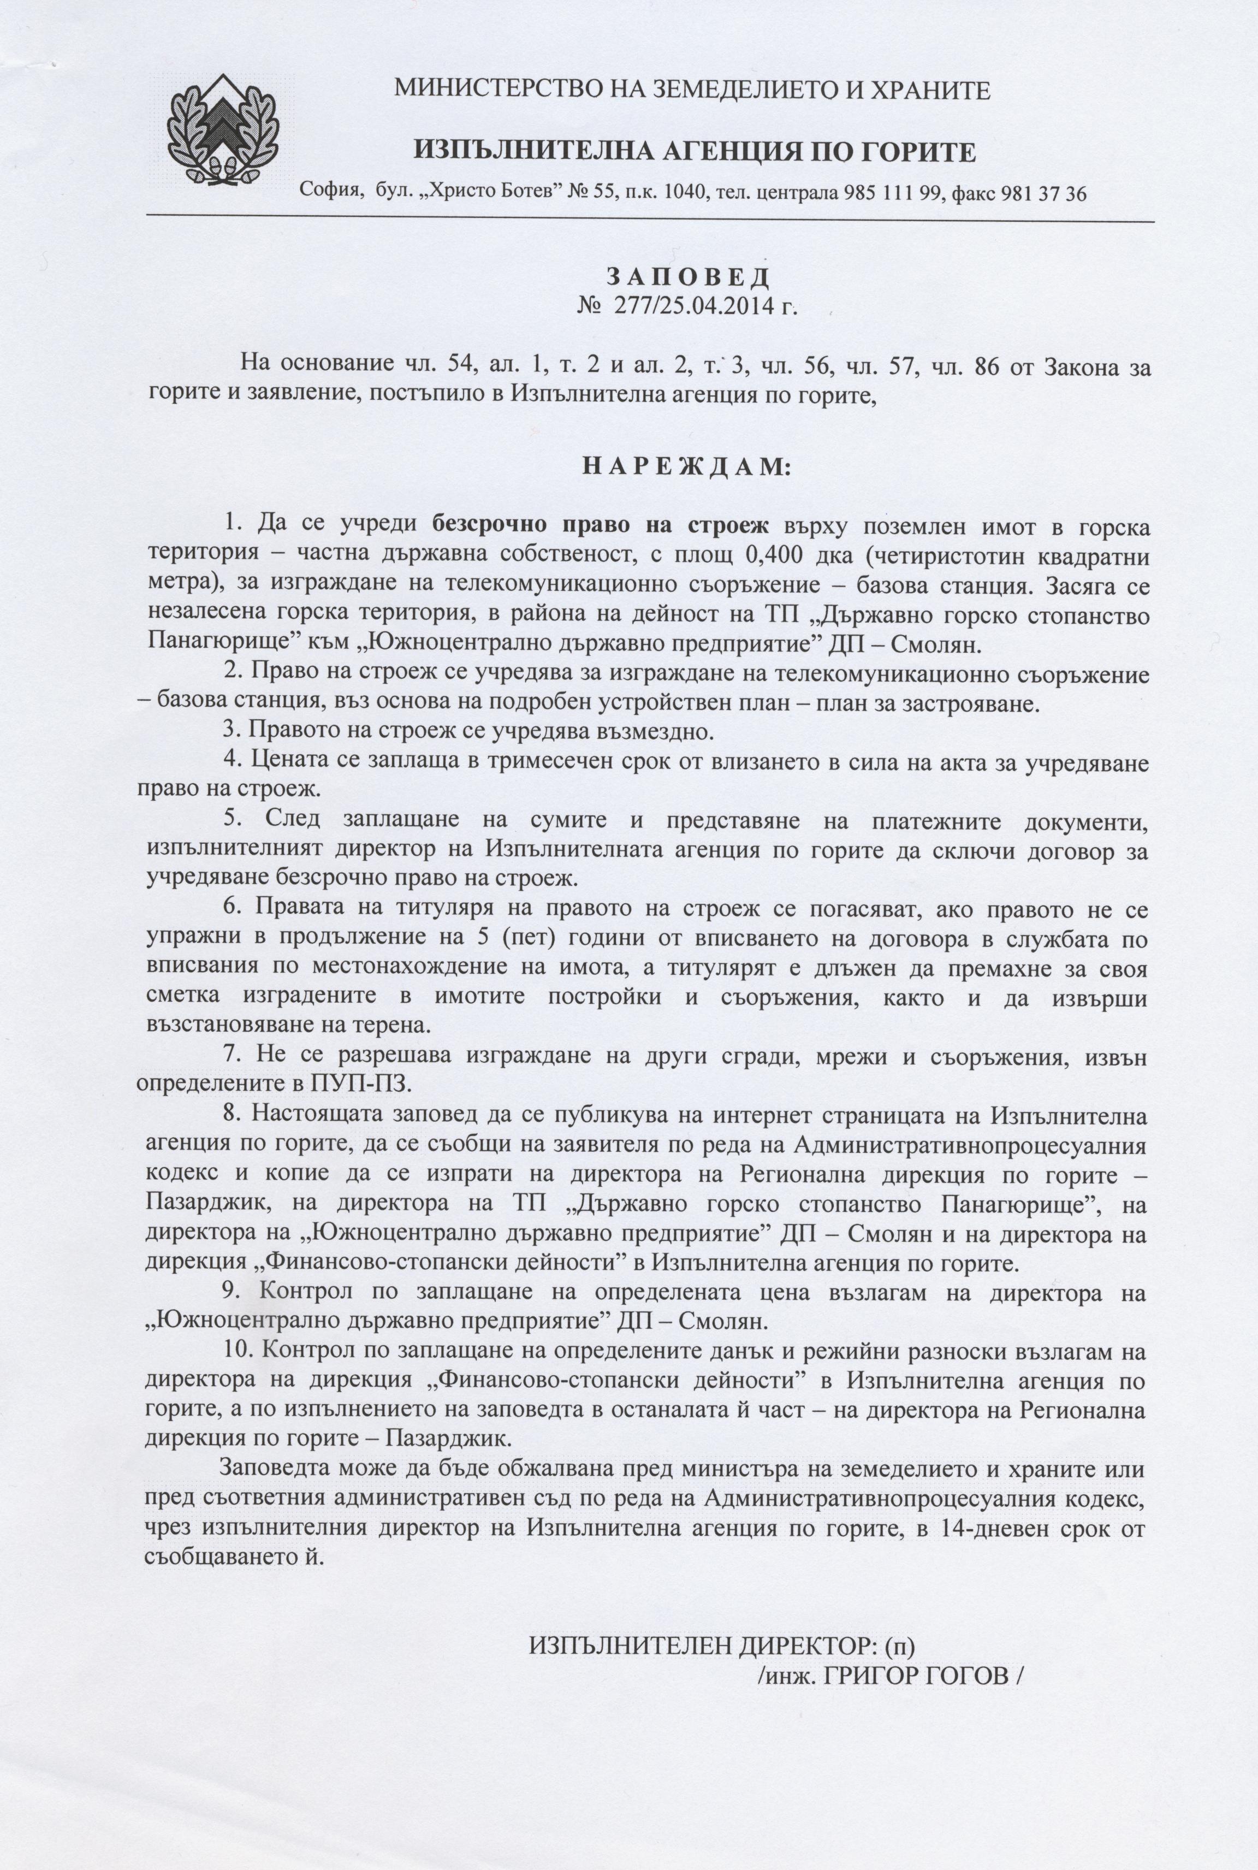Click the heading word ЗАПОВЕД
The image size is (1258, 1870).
[x=687, y=276]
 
